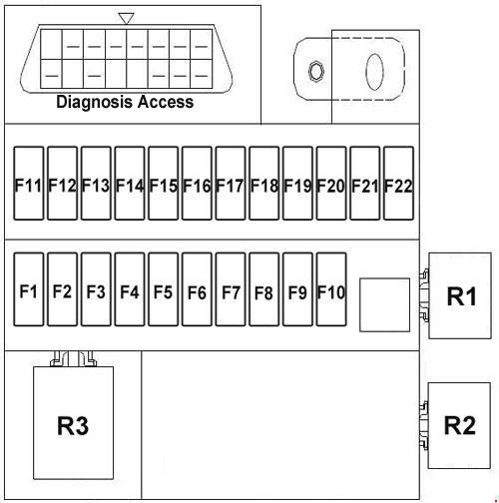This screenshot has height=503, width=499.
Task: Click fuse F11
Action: click(x=29, y=184)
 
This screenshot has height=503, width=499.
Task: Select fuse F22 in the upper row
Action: click(x=398, y=184)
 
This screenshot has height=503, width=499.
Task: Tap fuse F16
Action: click(x=197, y=184)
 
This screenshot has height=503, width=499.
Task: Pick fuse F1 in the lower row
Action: click(x=29, y=289)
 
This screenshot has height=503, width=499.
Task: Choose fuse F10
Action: click(x=331, y=289)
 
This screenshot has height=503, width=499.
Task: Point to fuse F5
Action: click(x=163, y=289)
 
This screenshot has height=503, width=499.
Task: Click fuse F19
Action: click(x=297, y=184)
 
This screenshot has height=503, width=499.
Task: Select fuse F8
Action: click(x=264, y=289)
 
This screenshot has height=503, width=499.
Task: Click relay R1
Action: click(x=460, y=295)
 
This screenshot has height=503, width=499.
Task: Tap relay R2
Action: click(x=459, y=425)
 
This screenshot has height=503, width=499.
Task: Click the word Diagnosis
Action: click(x=95, y=102)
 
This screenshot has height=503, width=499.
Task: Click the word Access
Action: click(x=166, y=102)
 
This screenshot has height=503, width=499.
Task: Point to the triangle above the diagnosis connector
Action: click(x=127, y=18)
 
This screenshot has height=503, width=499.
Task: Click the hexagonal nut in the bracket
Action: click(x=315, y=71)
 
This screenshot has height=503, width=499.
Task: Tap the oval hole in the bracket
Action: click(x=374, y=72)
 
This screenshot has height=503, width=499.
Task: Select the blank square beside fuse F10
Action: click(x=384, y=304)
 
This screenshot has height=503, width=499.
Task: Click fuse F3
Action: click(x=96, y=289)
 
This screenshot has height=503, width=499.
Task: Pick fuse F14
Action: click(x=130, y=184)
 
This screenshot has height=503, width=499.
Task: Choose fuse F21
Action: click(x=365, y=184)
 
